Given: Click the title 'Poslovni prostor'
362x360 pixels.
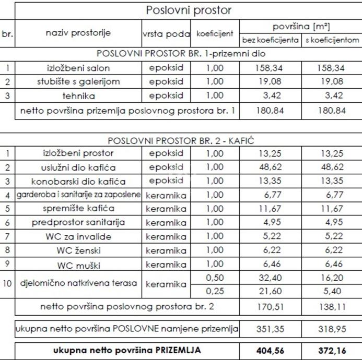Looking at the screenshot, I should (189, 10).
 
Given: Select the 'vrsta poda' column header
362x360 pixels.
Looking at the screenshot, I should (166, 34).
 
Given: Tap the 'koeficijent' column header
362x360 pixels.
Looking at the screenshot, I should (214, 34).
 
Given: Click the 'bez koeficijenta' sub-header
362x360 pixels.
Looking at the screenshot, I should (270, 40).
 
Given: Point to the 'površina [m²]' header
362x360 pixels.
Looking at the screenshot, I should (301, 26).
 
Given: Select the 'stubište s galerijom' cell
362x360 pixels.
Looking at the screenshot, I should (78, 81).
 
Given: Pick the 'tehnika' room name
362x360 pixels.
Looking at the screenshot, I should (78, 95).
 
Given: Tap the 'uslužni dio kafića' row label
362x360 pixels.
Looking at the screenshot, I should (78, 167).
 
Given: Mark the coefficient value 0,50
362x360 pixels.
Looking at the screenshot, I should (214, 277).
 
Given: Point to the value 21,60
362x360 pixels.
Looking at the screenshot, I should (270, 291).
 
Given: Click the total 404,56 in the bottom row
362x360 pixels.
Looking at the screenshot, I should (270, 351).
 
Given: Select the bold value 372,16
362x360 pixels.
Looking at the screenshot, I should (332, 351).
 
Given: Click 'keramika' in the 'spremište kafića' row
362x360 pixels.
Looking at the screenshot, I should (166, 209).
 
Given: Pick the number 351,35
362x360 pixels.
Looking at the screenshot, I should (270, 329).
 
